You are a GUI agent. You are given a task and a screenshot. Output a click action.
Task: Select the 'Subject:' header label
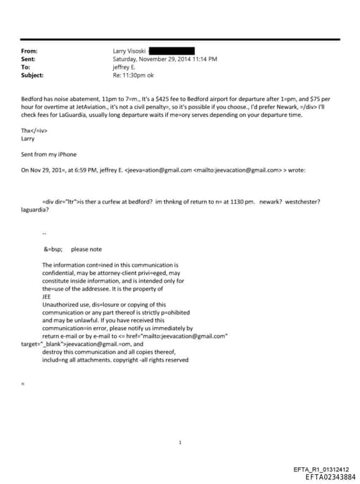tap(33, 75)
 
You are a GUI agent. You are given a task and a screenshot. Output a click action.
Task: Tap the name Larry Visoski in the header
tap(130, 51)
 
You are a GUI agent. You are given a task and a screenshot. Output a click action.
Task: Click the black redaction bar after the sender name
tap(172, 51)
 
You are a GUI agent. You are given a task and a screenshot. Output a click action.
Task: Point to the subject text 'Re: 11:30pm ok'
tap(131, 75)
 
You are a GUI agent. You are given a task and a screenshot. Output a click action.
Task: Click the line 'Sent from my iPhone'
tap(49, 154)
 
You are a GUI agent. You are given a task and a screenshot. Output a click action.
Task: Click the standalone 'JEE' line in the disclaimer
tap(47, 297)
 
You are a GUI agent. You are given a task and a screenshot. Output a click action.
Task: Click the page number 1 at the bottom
tap(181, 442)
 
